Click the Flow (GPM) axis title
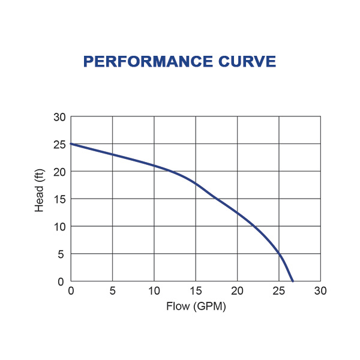tap(196, 307)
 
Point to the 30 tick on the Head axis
tap(59, 117)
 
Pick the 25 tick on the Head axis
tap(59, 145)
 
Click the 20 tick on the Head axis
tap(59, 172)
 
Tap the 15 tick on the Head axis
tap(59, 199)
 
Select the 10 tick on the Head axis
tap(59, 227)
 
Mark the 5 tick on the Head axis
tap(61, 254)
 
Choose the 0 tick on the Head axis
tap(61, 281)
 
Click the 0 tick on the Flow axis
tap(71, 292)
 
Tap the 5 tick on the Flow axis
tap(113, 292)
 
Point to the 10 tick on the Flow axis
tap(154, 292)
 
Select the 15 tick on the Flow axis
tap(196, 292)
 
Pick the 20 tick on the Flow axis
tap(238, 292)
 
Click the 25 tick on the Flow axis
tap(279, 292)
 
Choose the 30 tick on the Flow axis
tap(320, 292)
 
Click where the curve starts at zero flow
tap(71, 144)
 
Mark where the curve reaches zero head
tap(292, 281)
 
